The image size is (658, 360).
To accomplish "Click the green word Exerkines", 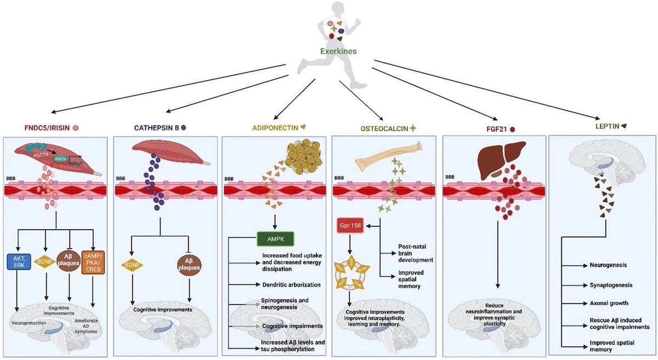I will point(338,52).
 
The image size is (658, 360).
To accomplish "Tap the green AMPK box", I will point(275,239).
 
